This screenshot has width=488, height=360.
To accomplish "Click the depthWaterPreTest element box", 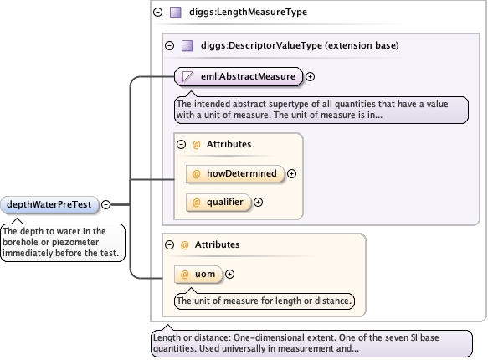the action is coord(49,205).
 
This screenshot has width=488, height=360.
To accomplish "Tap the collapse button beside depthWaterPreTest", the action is coord(106,205).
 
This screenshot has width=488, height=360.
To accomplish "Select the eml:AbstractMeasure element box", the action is coord(239,76).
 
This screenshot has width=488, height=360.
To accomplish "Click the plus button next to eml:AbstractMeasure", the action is coord(310,76).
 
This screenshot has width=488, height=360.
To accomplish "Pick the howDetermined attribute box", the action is coord(235,173).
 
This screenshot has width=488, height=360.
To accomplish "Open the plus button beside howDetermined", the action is coord(291,173).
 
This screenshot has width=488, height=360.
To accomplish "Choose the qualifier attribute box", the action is coord(218,203).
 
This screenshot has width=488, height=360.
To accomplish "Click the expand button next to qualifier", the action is coord(258,203).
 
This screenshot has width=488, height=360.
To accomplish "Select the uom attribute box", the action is coord(198,274).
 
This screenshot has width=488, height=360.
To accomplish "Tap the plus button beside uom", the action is coord(229,274).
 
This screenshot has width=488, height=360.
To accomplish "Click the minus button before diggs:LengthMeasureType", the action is coord(158,12).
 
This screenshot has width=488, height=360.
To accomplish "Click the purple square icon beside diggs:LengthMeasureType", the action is coord(176,12).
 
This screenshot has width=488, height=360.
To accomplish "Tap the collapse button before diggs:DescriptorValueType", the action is coord(169,46).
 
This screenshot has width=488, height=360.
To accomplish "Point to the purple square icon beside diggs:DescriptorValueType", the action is coord(187,46).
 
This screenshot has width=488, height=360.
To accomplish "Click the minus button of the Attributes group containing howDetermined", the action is coord(181,144).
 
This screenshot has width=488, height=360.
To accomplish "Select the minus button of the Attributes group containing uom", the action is coord(169,244).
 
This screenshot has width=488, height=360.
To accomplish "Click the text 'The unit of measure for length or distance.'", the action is coord(264,301).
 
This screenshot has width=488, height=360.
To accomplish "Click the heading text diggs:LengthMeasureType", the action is coord(248,12).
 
